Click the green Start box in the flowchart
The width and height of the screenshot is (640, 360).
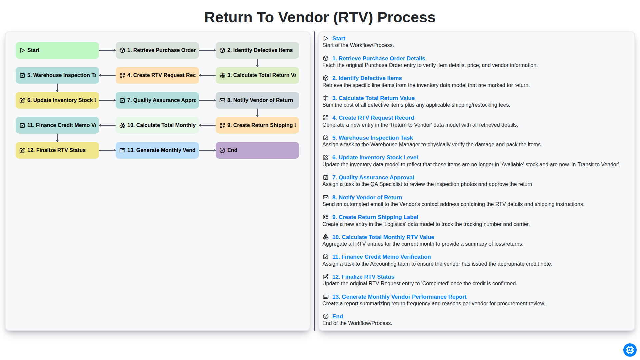coord(57,50)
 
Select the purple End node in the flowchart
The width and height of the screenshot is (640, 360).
coord(257,150)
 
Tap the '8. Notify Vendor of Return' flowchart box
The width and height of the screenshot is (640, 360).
coord(257,100)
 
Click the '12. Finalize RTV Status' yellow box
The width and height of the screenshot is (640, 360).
coord(57,150)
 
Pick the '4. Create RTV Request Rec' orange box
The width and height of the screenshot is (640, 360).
coord(157,75)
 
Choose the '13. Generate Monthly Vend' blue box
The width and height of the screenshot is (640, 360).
coord(157,150)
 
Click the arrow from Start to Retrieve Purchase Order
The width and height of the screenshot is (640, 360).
coord(107,50)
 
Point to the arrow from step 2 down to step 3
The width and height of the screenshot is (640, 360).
coord(257,63)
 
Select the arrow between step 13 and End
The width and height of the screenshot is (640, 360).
coord(207,150)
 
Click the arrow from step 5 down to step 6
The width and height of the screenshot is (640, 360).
coord(57,88)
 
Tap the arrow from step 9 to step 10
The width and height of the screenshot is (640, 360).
coord(207,125)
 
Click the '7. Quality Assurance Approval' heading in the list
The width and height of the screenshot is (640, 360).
coord(373,177)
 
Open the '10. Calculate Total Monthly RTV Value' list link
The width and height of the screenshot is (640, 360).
coord(383,237)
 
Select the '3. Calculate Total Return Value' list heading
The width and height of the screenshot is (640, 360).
coord(373,98)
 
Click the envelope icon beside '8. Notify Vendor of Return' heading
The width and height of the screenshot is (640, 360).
coord(326,197)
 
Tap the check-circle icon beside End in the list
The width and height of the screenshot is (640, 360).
coord(326,316)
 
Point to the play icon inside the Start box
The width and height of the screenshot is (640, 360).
coord(22,50)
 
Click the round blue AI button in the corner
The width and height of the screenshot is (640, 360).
coord(630,350)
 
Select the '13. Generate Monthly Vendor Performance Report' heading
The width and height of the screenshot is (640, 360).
coord(399,297)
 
